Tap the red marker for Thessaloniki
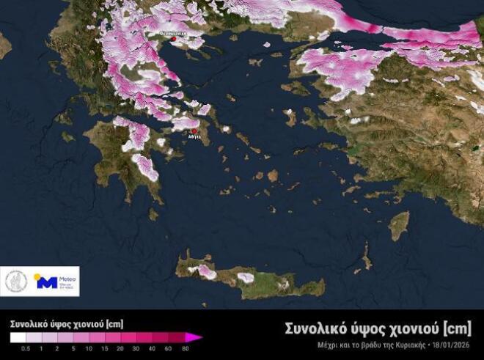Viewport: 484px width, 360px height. coord(163,33)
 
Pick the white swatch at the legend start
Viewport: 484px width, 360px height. coord(16,337)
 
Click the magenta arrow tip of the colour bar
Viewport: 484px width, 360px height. coord(197,337)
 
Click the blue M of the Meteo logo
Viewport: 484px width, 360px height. coord(45,282)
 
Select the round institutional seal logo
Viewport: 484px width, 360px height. coord(16,282)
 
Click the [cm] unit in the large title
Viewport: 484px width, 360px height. coord(455,327)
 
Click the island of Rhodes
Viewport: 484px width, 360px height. coord(399,225)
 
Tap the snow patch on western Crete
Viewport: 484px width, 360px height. coord(208,271)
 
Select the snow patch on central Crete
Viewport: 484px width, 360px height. coord(246,278)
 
